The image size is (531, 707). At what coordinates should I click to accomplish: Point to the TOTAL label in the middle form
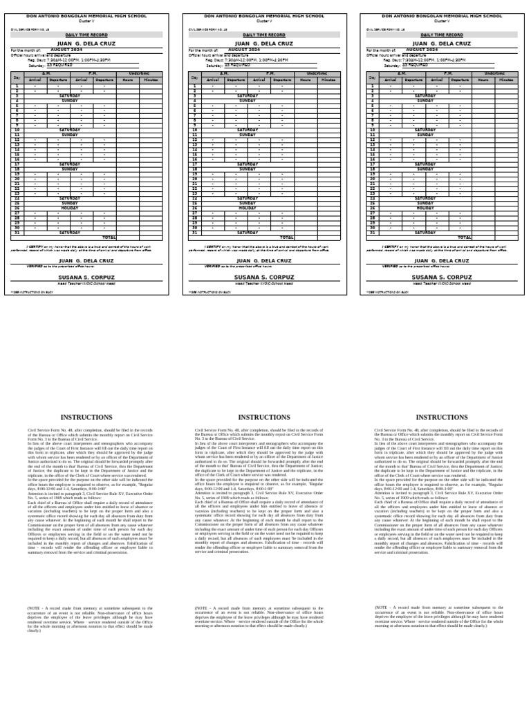tap(288, 238)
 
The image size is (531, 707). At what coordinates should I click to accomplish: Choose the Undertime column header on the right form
tap(495, 72)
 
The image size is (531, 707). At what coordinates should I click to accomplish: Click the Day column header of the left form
tap(17, 77)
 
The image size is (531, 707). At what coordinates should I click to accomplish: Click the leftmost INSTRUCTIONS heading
tap(86, 417)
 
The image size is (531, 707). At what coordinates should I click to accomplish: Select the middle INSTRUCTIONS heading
tap(264, 417)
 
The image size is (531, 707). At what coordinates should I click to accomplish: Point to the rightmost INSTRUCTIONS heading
tap(442, 417)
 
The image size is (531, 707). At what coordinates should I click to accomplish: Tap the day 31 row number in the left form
tap(17, 233)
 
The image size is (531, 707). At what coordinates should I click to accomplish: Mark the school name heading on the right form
tap(442, 15)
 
